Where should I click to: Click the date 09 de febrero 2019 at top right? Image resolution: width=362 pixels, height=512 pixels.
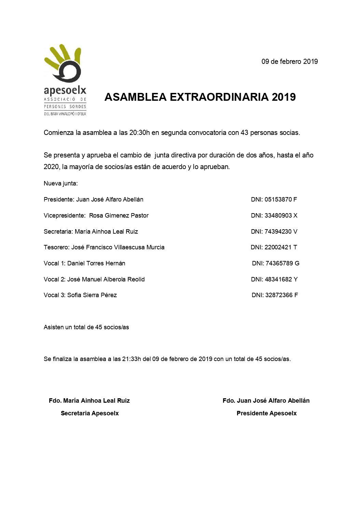click(x=290, y=62)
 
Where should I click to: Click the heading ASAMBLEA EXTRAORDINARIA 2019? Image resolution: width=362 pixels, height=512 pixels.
click(x=200, y=97)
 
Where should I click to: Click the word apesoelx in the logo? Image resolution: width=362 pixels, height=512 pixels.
click(x=65, y=90)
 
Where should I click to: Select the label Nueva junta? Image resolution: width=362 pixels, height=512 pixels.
click(x=61, y=183)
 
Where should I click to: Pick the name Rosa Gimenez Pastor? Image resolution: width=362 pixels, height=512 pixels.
click(x=119, y=216)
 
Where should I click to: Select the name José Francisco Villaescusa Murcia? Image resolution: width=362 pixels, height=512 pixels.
click(x=118, y=247)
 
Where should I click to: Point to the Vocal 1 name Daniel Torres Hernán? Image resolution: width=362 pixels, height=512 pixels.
click(x=96, y=263)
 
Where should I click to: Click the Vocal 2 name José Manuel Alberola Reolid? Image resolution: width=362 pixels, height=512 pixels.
click(x=106, y=279)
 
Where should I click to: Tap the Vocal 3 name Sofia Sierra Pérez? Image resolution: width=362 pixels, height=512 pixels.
click(x=92, y=295)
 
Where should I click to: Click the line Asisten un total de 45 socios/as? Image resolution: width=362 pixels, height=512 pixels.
click(x=86, y=327)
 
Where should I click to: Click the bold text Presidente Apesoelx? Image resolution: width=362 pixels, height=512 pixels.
click(x=266, y=413)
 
